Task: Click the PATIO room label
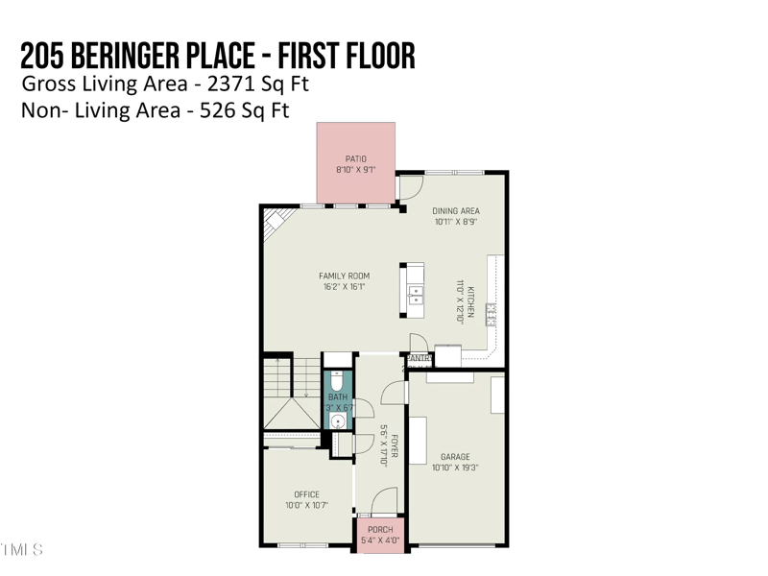[x=355, y=158]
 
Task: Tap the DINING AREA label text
[x=456, y=211]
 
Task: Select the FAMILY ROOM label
[x=344, y=276]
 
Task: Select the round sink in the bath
[x=338, y=420]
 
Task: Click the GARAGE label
[x=455, y=457]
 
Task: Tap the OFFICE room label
[x=306, y=494]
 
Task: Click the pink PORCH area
[x=381, y=534]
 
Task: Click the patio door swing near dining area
[x=410, y=186]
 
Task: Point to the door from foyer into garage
[x=394, y=393]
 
